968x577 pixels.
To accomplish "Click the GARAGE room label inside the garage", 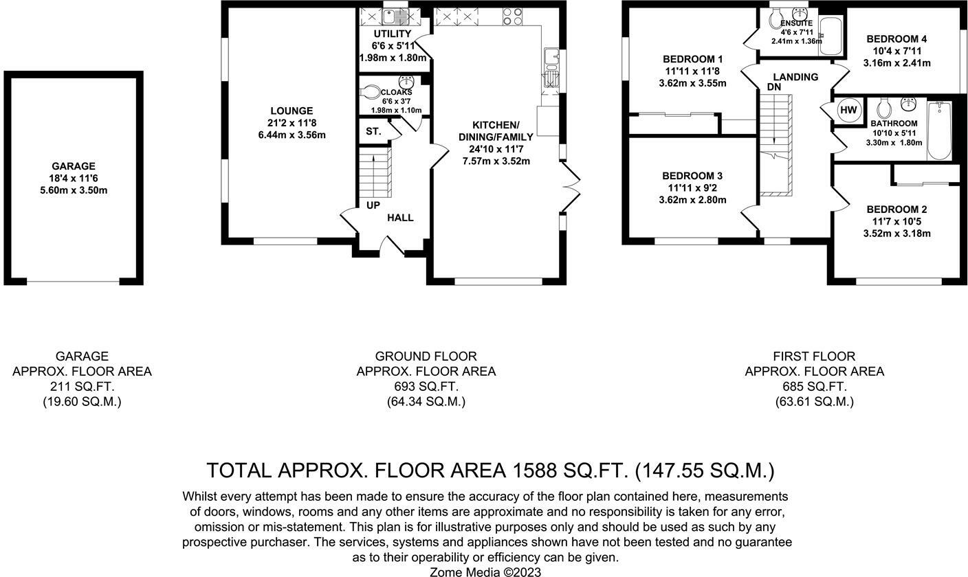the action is pyautogui.click(x=74, y=166).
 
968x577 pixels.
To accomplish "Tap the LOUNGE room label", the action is pyautogui.click(x=291, y=111).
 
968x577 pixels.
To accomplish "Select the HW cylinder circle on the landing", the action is pyautogui.click(x=848, y=110).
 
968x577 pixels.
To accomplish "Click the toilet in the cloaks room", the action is pyautogui.click(x=369, y=91).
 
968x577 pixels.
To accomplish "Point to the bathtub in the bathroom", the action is pyautogui.click(x=939, y=131).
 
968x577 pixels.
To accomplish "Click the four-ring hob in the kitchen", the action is pyautogui.click(x=512, y=17).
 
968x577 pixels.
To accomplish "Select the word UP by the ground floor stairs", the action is pyautogui.click(x=373, y=205).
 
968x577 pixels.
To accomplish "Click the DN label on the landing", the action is pyautogui.click(x=774, y=87).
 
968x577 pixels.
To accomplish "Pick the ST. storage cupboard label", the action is pyautogui.click(x=373, y=131).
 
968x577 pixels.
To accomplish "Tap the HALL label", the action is pyautogui.click(x=400, y=218).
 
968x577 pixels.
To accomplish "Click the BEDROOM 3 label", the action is pyautogui.click(x=692, y=176).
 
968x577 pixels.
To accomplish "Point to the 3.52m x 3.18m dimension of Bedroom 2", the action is pyautogui.click(x=896, y=234).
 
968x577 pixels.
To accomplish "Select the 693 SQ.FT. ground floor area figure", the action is pyautogui.click(x=426, y=386).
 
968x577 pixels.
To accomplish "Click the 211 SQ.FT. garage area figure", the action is pyautogui.click(x=82, y=386).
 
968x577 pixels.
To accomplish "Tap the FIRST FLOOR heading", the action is pyautogui.click(x=814, y=357).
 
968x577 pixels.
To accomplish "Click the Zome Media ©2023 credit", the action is pyautogui.click(x=485, y=572).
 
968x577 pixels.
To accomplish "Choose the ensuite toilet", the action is pyautogui.click(x=775, y=19).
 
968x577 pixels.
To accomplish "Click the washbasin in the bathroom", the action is pyautogui.click(x=908, y=104).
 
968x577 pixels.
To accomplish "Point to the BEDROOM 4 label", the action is pyautogui.click(x=896, y=39).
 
